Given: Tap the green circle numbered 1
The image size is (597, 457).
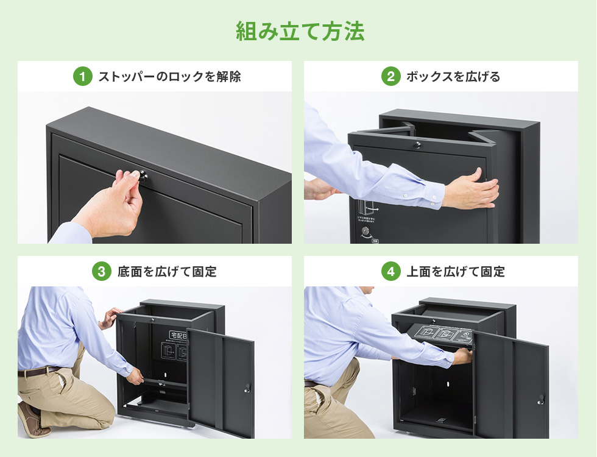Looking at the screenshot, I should [x=82, y=77].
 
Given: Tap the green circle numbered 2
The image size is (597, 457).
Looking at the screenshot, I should [x=390, y=77].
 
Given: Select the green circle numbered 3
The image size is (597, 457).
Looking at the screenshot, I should [x=101, y=272].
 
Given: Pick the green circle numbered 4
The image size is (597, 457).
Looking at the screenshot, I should [x=390, y=272].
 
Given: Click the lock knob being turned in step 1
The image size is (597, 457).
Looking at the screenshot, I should [x=143, y=176].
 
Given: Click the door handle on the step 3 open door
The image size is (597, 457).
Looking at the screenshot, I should [x=247, y=388].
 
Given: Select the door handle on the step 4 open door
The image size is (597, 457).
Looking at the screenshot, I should [x=540, y=400].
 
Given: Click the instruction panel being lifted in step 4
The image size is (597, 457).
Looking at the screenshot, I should [x=442, y=336].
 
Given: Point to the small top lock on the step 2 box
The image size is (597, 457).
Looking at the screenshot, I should [x=417, y=145].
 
